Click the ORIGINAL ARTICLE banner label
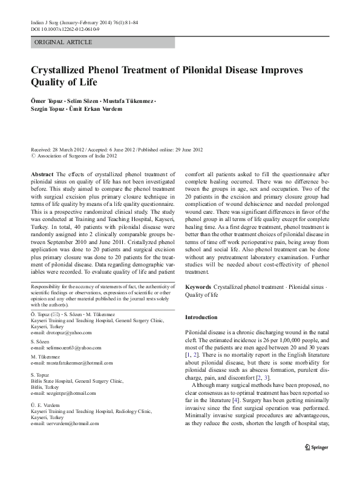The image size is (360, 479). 64,42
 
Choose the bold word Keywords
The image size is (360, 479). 199,286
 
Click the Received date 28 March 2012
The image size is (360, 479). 61,149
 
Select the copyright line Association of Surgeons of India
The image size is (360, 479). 76,155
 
